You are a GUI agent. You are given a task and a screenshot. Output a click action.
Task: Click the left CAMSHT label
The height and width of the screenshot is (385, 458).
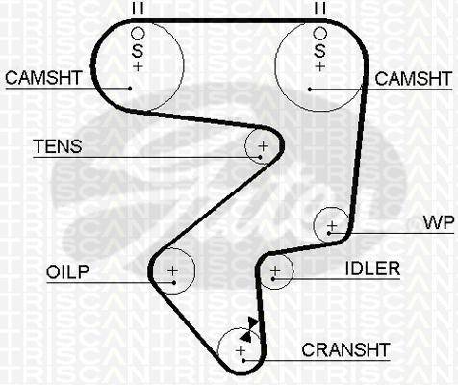coord(43,78)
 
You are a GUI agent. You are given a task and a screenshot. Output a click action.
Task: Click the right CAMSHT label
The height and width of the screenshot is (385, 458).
coord(414,79)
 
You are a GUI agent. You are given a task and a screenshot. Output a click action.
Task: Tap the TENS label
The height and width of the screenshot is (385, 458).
coord(58,146)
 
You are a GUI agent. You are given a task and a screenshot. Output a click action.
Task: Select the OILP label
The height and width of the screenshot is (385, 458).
coord(67,272)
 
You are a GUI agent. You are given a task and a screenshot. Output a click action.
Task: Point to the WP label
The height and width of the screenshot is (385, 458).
coord(439,222)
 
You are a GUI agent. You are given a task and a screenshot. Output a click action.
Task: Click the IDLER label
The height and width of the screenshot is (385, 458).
coord(372,269)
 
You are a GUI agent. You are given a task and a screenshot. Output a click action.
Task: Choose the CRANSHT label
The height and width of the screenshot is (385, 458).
coord(345,349)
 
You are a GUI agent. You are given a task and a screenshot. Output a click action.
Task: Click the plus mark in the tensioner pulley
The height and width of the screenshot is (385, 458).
coord(264,146)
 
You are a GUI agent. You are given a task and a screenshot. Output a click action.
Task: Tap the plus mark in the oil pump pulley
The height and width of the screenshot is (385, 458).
coord(173,271)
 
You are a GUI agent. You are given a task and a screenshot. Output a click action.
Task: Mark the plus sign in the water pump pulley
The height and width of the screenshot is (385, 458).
coord(332,226)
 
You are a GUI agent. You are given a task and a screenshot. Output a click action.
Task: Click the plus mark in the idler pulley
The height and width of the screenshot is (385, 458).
coord(275,271)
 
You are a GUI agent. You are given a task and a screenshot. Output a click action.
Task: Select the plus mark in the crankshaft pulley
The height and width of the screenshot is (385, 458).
coord(241,350)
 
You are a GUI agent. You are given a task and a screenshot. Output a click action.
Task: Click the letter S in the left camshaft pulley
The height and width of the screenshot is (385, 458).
coord(138,51)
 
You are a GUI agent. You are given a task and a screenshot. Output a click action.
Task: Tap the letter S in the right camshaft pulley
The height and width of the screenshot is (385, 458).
coord(319,51)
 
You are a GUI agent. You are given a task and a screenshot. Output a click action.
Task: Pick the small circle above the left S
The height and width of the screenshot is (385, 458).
coord(139,33)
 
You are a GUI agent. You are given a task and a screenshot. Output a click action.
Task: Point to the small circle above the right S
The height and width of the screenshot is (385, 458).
coord(320,33)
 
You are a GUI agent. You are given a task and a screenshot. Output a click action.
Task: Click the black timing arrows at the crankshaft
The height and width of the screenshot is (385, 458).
coord(249,329)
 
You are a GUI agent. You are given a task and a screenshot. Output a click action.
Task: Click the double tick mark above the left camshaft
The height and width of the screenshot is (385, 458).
coord(138,9)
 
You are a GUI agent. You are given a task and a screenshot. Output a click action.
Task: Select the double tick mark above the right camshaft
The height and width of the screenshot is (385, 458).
coord(320,9)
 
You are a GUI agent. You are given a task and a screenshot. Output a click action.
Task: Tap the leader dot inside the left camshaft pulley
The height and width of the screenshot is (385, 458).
coord(130,88)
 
